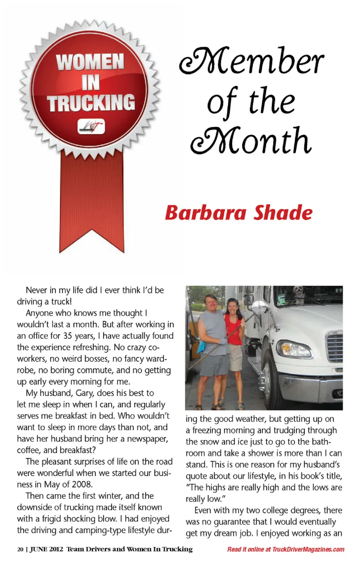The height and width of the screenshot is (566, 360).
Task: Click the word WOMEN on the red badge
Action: [90, 62]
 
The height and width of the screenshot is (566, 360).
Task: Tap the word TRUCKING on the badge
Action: [91, 103]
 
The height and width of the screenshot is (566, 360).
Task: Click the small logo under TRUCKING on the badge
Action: [91, 127]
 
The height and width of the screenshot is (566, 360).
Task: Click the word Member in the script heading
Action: [251, 61]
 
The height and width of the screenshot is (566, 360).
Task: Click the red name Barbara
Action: [205, 213]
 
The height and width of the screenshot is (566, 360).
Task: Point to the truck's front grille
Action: [334, 347]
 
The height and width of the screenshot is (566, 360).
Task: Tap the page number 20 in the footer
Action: [20, 549]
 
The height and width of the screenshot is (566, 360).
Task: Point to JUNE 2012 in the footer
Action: [46, 549]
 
